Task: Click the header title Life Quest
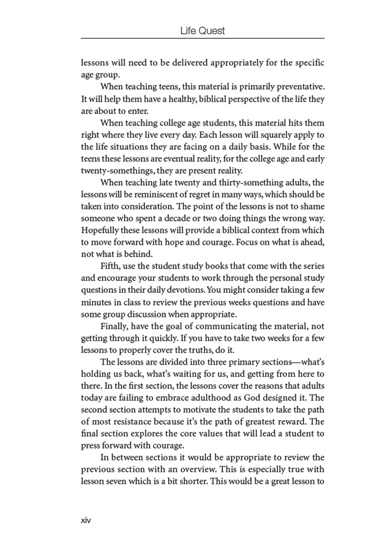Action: pos(202,31)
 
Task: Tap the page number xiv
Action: pos(86,520)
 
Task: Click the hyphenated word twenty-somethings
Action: pos(112,171)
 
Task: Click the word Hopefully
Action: pos(100,231)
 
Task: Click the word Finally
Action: pos(115,326)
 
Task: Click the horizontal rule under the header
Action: pos(202,39)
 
